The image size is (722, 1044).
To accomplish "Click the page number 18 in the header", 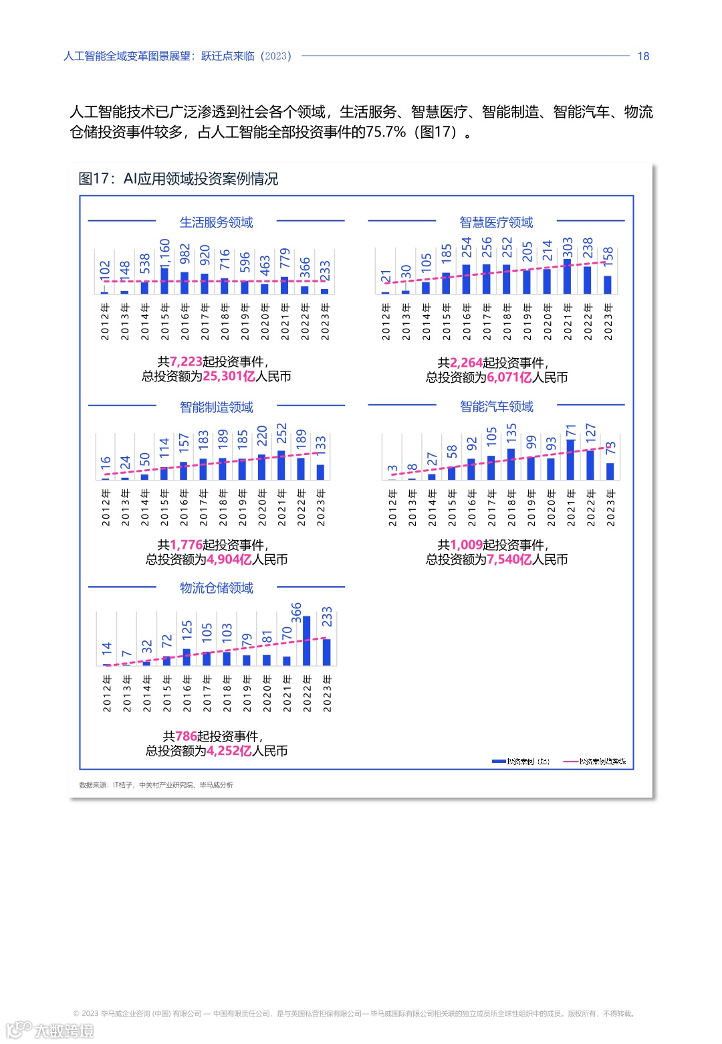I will point(643,56).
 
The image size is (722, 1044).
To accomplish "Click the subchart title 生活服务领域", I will point(216,222).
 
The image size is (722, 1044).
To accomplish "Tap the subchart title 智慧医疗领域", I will point(496,222).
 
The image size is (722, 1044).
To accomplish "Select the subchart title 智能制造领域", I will point(216,407).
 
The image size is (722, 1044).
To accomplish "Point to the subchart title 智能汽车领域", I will point(496,406).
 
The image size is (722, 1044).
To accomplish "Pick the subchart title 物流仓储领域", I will point(216,588).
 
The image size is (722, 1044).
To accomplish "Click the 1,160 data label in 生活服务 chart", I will point(165,252).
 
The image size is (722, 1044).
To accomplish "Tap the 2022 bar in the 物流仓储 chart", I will point(307,640).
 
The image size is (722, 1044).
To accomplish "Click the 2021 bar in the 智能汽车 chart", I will point(570,460).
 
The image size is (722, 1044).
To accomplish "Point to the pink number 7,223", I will point(186,361).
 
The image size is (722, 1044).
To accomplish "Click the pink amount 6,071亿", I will point(509,377).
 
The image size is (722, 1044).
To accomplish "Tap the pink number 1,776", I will point(186,545).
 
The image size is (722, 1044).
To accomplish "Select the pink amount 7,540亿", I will point(509,559).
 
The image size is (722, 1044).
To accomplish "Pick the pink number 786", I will point(186,736).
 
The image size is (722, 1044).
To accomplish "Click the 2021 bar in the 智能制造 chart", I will point(281,465).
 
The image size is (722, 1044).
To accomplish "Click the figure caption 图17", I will point(94,179).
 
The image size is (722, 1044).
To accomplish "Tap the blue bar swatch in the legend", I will point(499,761).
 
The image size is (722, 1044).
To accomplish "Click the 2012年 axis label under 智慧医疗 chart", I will point(386,322).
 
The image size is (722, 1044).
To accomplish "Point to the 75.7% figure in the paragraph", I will point(386,132).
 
